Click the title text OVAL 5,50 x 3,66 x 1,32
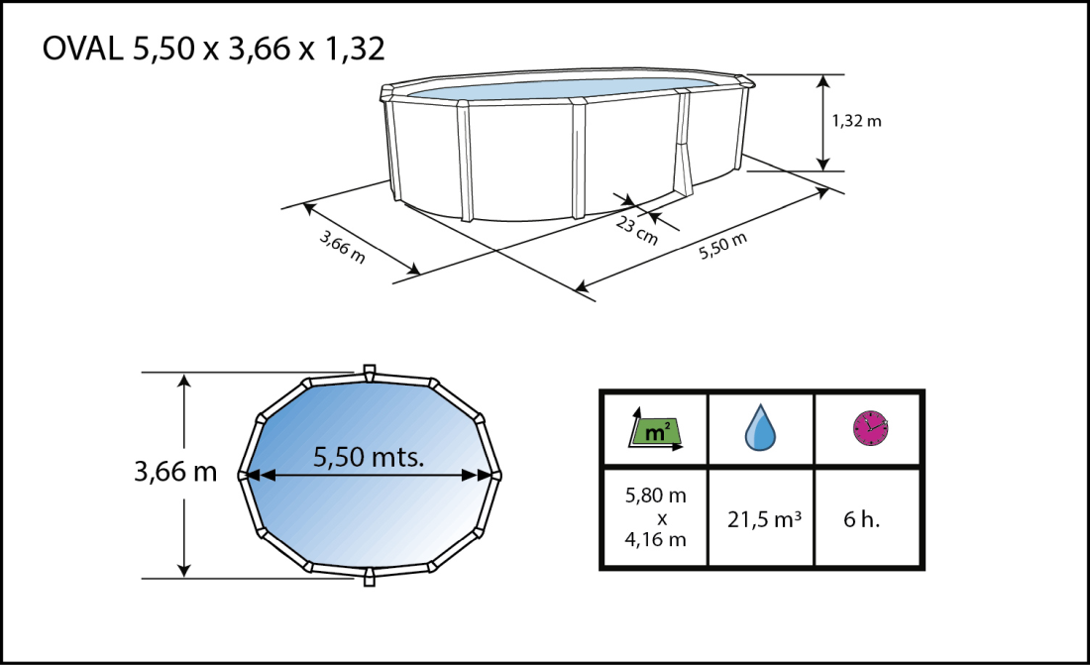pos(213,49)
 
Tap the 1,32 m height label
pos(855,121)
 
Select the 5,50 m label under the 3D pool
pos(722,245)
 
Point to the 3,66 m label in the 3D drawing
pos(342,247)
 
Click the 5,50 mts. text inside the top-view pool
pos(369,457)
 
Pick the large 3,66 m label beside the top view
pos(174,472)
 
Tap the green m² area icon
pos(654,431)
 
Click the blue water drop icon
pos(761,428)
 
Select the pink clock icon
pos(870,427)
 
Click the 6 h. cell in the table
pos(869,516)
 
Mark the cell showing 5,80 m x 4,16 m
pos(654,516)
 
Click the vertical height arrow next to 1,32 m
pos(822,121)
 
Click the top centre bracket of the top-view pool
pos(369,372)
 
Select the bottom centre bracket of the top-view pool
pos(369,577)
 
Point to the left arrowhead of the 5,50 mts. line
pos(253,476)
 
